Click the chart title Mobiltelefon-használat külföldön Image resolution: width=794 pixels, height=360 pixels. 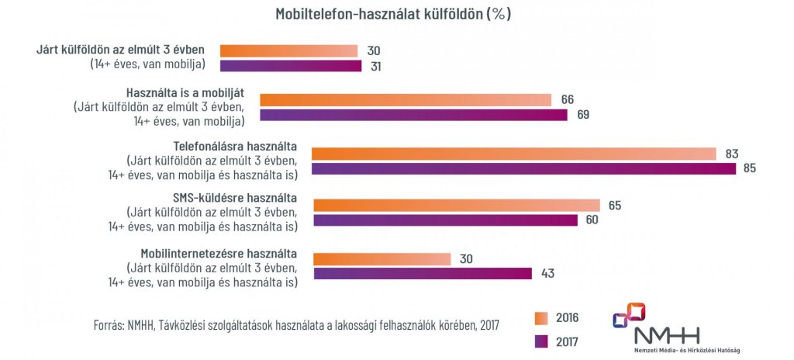(x=393, y=15)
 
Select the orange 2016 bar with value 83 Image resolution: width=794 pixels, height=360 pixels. (x=513, y=154)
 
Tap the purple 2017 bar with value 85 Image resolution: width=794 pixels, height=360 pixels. (x=523, y=168)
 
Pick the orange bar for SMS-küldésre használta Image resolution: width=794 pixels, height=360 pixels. (x=456, y=206)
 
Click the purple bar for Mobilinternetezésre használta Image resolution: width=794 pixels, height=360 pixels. (x=422, y=273)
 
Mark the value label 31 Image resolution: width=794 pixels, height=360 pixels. (x=375, y=66)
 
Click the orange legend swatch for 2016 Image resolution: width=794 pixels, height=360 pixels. (x=542, y=317)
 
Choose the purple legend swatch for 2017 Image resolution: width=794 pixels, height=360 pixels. (x=542, y=340)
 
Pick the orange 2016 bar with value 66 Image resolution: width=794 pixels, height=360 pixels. (x=405, y=100)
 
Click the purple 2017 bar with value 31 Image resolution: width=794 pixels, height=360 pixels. (x=291, y=66)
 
